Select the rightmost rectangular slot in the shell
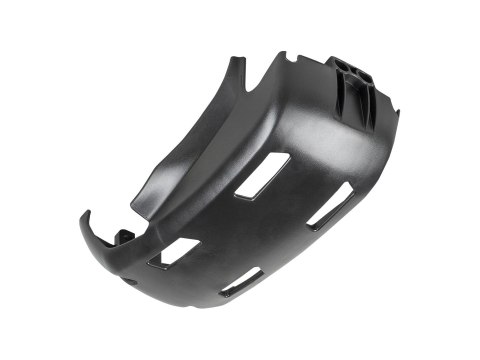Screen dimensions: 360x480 pyautogui.click(x=328, y=205)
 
